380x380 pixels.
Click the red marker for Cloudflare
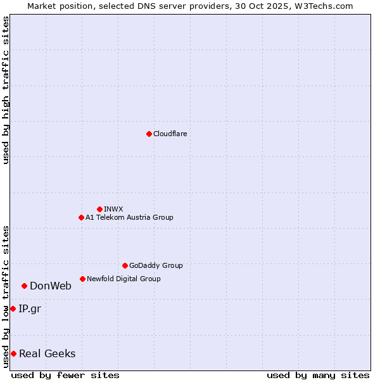[149, 134]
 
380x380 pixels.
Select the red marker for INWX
[99, 209]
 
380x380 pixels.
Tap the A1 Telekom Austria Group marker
[81, 217]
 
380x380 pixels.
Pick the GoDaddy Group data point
[125, 265]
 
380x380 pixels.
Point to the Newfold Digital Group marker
[82, 279]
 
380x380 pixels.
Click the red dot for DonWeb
[24, 286]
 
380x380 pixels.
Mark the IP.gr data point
[13, 308]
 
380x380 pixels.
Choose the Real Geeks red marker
[13, 353]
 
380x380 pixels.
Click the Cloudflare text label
[170, 134]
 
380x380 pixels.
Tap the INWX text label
[113, 209]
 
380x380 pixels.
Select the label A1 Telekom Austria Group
[129, 217]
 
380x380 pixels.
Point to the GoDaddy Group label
[156, 265]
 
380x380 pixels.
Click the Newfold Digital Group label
[123, 279]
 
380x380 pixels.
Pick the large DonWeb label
[51, 286]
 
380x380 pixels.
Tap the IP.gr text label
[30, 308]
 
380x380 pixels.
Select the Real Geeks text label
[47, 353]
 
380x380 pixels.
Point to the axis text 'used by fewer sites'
[65, 375]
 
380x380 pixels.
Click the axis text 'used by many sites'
[318, 375]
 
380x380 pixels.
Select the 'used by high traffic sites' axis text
[6, 90]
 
